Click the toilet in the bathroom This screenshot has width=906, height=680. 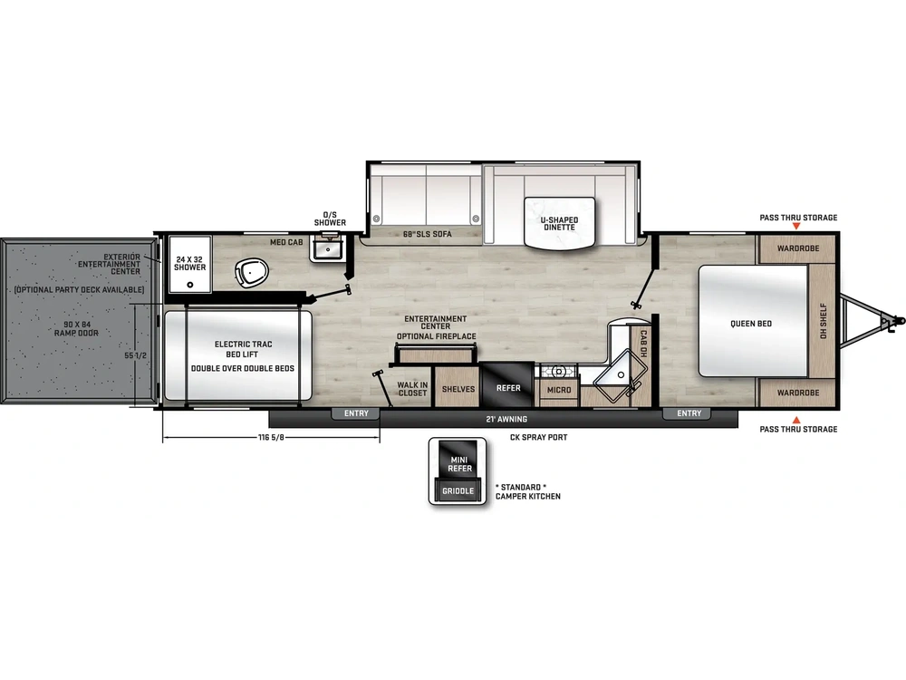(253, 272)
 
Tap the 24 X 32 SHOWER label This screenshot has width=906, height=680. (190, 264)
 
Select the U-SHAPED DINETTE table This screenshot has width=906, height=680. (559, 223)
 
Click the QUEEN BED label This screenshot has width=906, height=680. (751, 324)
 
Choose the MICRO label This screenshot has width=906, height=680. (559, 390)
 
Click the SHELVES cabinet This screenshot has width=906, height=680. (458, 388)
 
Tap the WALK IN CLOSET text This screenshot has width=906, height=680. (412, 389)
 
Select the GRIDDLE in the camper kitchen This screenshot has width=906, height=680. (458, 491)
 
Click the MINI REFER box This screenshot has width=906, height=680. (459, 461)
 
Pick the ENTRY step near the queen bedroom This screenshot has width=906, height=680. (689, 413)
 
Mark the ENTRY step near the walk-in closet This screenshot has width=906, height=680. (356, 413)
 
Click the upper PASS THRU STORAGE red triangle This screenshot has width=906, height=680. (796, 227)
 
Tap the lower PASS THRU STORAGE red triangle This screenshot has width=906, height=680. (796, 420)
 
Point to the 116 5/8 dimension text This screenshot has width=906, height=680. (271, 437)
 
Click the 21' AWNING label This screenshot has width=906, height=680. (506, 419)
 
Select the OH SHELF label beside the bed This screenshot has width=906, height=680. (824, 321)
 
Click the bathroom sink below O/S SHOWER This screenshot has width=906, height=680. (328, 249)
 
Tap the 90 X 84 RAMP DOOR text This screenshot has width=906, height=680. (76, 328)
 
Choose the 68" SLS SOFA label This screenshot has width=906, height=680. (427, 234)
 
